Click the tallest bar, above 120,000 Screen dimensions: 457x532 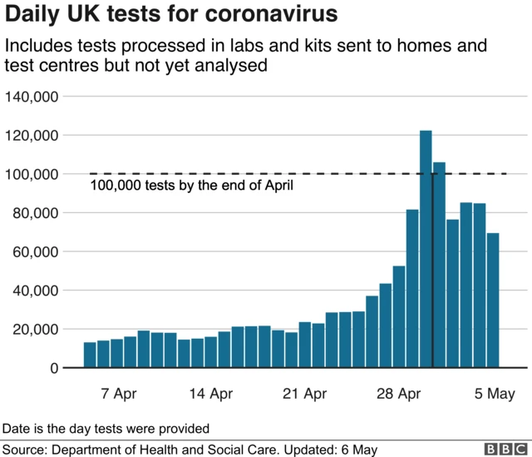426,250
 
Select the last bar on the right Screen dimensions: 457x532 493,301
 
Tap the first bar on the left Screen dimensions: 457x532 90,355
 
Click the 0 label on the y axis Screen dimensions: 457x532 54,368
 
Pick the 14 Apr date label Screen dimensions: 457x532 210,393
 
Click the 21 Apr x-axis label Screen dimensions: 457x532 304,393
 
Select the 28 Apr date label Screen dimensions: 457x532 398,393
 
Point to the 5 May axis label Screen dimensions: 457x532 494,393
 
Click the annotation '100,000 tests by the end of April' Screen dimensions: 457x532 191,186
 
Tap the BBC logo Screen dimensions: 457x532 501,449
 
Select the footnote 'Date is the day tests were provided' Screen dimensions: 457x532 106,428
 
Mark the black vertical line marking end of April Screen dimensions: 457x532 433,266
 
